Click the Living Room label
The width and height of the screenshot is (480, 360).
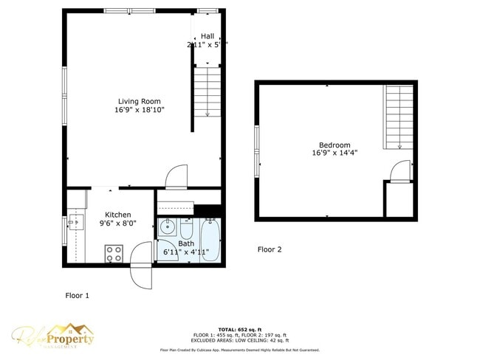tap(140, 101)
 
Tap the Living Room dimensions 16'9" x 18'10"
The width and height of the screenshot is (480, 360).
tap(140, 110)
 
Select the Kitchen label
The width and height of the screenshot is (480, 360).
tap(118, 215)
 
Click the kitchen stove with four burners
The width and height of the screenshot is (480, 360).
tap(114, 254)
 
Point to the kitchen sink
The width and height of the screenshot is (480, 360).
tap(73, 221)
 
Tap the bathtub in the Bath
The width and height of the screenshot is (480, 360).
tap(210, 240)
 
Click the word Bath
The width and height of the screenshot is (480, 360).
tap(186, 243)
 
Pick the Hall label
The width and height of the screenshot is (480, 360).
tap(208, 35)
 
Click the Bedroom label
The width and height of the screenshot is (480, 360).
tap(335, 145)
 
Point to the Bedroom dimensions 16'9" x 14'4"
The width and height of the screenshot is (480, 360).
tap(335, 153)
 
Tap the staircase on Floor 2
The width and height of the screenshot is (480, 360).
tap(399, 117)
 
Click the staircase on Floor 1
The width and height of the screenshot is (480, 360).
tap(208, 92)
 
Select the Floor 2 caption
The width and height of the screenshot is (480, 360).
tap(270, 249)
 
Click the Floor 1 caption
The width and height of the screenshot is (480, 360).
tap(77, 295)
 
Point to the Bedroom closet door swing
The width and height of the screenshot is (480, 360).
tap(399, 170)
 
